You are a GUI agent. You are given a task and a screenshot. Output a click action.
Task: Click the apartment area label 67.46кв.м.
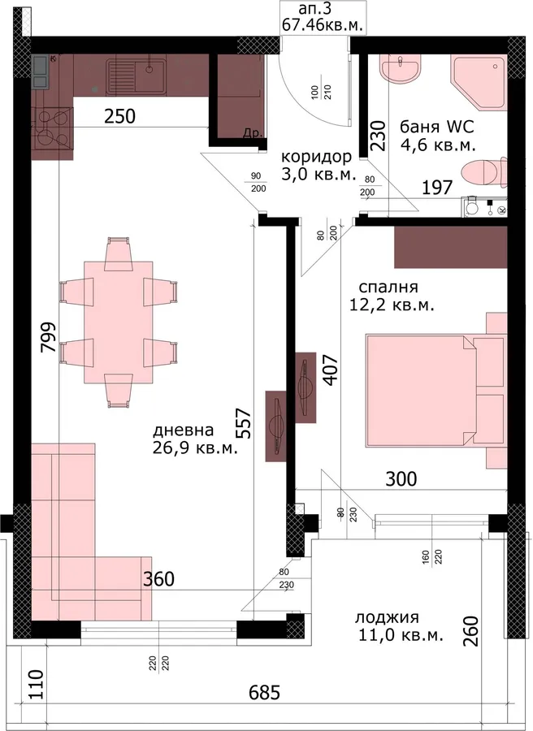click(x=323, y=24)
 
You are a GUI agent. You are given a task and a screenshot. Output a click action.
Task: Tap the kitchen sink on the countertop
click(x=136, y=76)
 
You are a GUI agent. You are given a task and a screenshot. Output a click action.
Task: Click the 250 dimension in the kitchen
click(x=119, y=116)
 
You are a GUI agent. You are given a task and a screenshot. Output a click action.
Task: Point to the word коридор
click(x=316, y=157)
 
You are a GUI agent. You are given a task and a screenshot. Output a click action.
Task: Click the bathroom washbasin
click(x=401, y=70)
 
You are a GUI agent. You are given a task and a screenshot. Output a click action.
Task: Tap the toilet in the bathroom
click(x=483, y=171)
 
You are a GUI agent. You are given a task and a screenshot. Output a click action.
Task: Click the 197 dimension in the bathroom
click(x=437, y=188)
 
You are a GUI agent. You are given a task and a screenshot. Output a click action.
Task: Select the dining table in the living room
click(x=119, y=322)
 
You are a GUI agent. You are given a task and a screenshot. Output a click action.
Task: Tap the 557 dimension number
click(x=244, y=424)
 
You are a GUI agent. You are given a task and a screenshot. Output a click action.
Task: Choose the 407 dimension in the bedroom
click(x=331, y=370)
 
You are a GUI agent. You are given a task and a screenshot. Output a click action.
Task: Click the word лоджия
click(x=387, y=618)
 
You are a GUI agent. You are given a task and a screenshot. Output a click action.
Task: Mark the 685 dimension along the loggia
click(x=264, y=692)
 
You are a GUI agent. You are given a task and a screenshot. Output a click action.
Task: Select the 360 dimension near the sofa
click(x=158, y=579)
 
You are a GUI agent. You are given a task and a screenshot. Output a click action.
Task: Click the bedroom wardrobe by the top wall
click(x=450, y=247)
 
